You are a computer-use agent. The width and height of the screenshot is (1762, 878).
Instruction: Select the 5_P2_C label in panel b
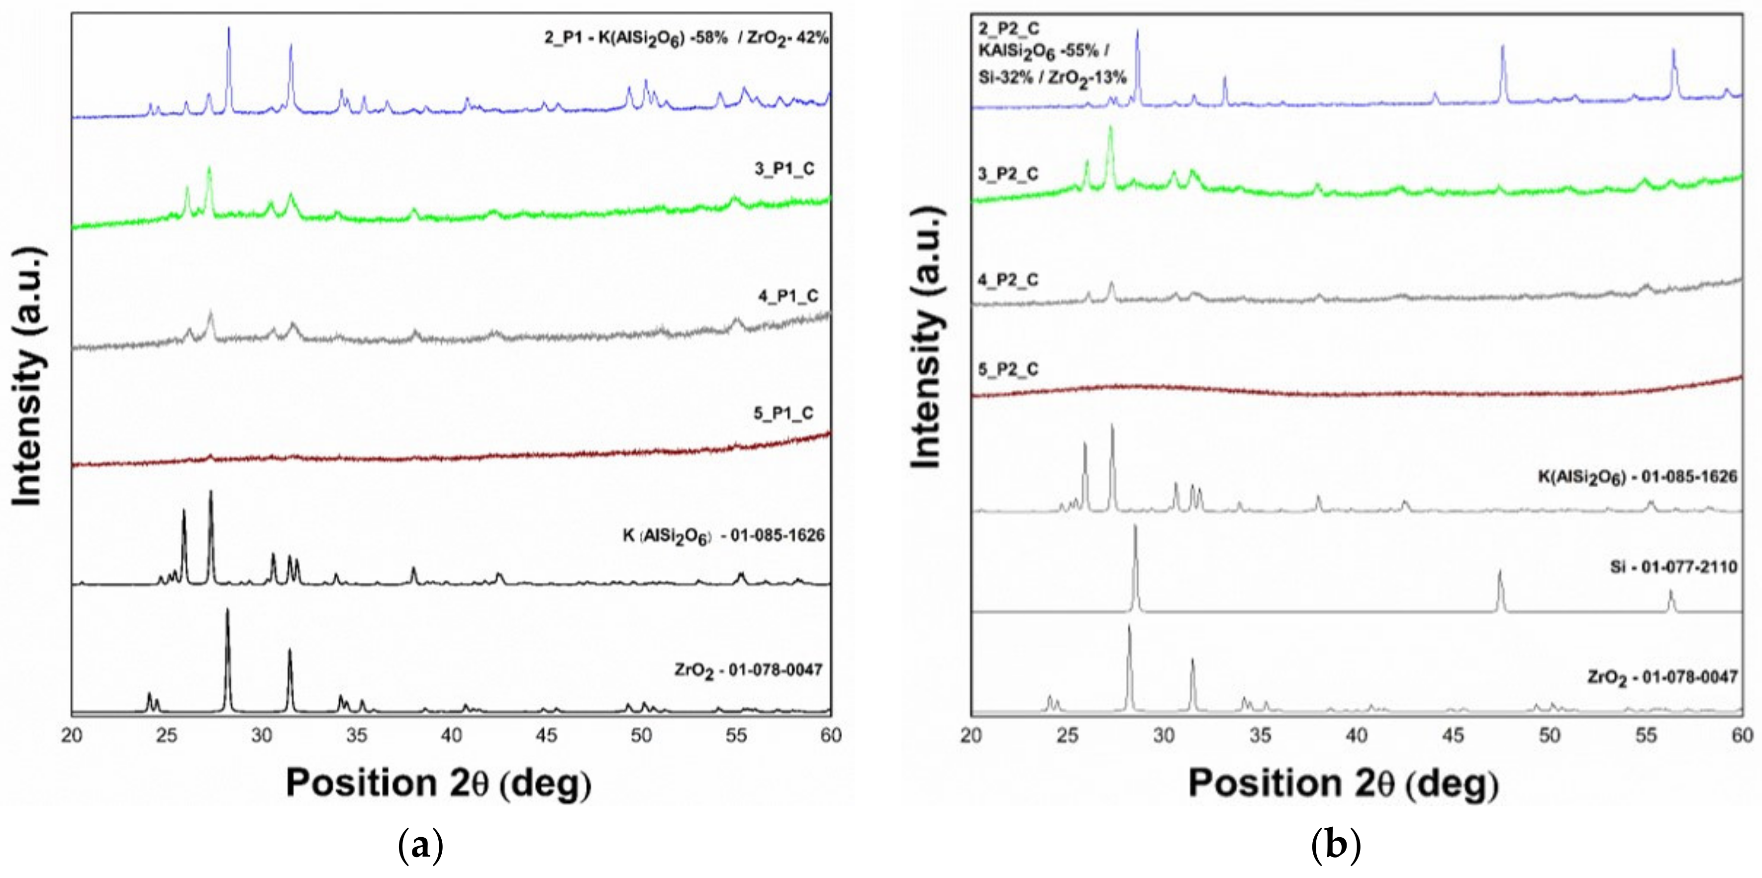tap(1007, 369)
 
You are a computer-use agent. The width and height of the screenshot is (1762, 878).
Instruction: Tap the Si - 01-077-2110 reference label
tap(1673, 566)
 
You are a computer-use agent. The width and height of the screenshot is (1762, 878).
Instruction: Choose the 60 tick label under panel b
tap(1742, 736)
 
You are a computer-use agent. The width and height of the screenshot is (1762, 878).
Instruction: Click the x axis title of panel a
tap(438, 783)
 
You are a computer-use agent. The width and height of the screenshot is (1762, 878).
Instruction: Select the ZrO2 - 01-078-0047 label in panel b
tap(1662, 677)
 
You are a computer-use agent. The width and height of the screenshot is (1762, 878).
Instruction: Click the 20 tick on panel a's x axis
tap(71, 736)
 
